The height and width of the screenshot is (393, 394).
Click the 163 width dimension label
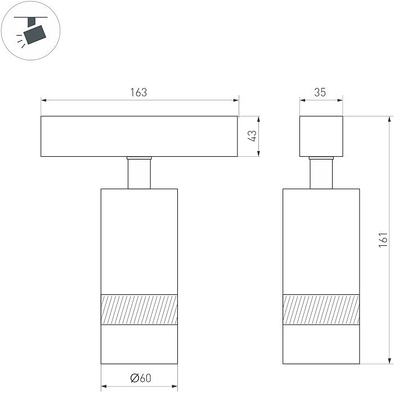pyautogui.click(x=138, y=92)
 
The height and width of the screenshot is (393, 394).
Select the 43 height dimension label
pyautogui.click(x=253, y=136)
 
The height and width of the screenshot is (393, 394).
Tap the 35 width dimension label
pyautogui.click(x=320, y=92)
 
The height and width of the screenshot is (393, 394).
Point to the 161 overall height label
pyautogui.click(x=384, y=241)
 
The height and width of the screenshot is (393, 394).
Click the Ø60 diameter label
pyautogui.click(x=140, y=378)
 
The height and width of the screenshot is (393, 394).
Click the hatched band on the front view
pyautogui.click(x=139, y=310)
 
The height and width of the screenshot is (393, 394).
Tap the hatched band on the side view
pyautogui.click(x=321, y=310)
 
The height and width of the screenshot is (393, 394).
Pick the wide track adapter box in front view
pyautogui.click(x=139, y=136)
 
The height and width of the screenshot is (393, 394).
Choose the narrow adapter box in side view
pyautogui.click(x=321, y=136)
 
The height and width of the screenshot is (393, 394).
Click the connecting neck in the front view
pyautogui.click(x=139, y=173)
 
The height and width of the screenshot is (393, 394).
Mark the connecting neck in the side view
pyautogui.click(x=321, y=173)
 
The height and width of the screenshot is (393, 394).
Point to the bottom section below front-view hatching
pyautogui.click(x=139, y=344)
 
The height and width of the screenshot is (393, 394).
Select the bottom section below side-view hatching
pyautogui.click(x=321, y=344)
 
